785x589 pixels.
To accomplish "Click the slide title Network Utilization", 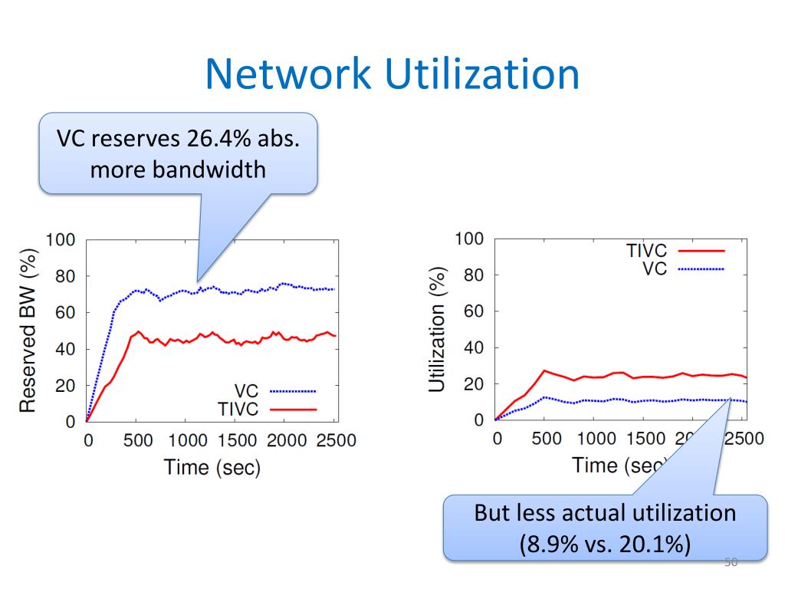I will point(392,74).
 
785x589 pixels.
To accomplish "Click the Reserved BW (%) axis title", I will point(28,331).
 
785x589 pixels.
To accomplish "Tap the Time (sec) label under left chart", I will point(212,467).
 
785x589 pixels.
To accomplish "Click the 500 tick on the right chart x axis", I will point(547,439).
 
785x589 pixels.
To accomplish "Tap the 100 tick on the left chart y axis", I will point(61,240).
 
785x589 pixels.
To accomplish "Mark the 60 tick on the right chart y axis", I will point(474,311).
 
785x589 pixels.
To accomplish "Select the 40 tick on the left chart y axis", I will point(65,349).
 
